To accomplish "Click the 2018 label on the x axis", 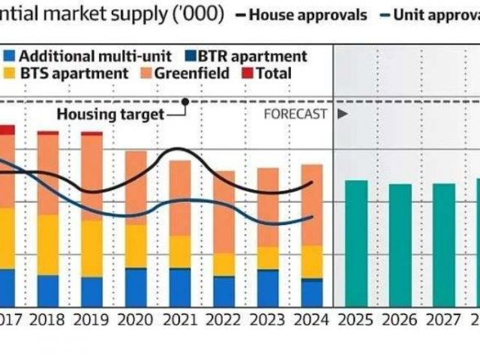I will pyautogui.click(x=48, y=319).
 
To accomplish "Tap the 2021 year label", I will pyautogui.click(x=179, y=319).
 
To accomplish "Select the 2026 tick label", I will pyautogui.click(x=399, y=319).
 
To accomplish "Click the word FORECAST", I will pyautogui.click(x=295, y=114).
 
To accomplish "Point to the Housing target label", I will pyautogui.click(x=110, y=114).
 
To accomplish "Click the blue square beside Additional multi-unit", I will pyautogui.click(x=9, y=56).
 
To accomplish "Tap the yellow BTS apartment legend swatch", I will pyautogui.click(x=9, y=73).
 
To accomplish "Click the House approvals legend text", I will pyautogui.click(x=307, y=14).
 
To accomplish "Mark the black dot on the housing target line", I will pyautogui.click(x=184, y=100).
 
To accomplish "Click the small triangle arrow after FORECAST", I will pyautogui.click(x=342, y=114).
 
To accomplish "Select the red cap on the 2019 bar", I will pyautogui.click(x=91, y=133).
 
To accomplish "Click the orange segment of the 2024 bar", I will pyautogui.click(x=311, y=205).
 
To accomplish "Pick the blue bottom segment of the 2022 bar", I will pyautogui.click(x=223, y=291).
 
